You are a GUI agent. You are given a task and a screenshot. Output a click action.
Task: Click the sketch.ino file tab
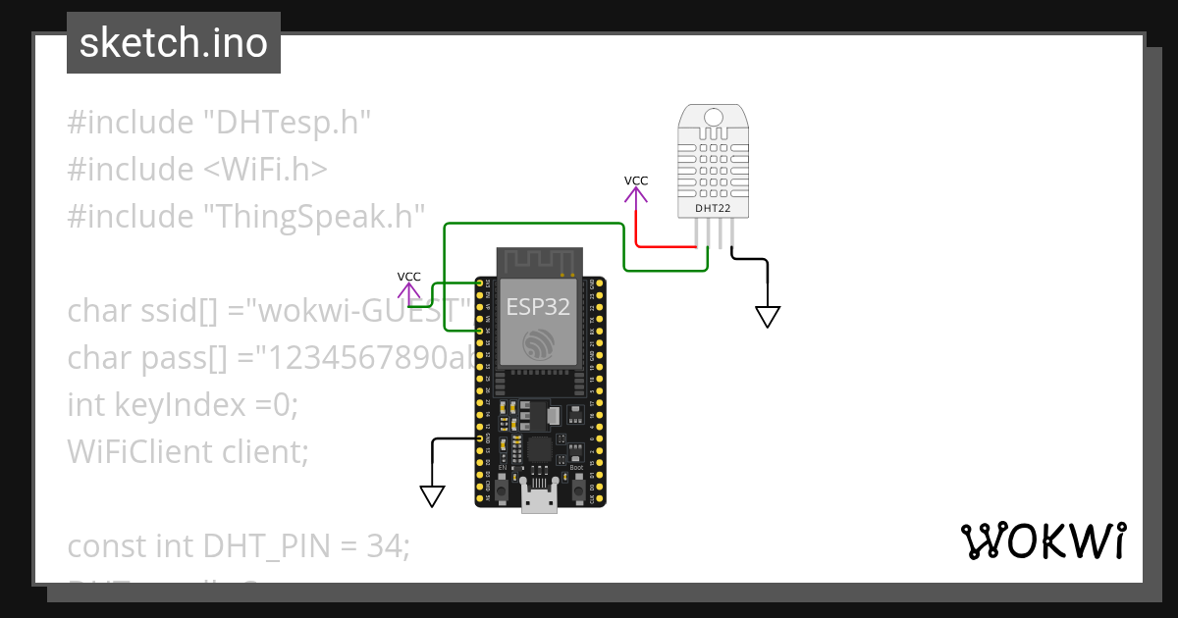click(173, 43)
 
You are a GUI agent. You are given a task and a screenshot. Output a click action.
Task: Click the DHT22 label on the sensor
click(713, 208)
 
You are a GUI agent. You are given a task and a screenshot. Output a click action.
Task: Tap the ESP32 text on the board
click(538, 306)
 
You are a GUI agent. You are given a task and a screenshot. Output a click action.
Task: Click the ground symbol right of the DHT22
click(768, 316)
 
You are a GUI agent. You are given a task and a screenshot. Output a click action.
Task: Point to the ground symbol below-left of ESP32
click(432, 495)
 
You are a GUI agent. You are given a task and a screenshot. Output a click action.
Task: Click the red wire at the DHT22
click(668, 245)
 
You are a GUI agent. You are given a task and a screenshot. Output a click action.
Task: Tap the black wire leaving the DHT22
click(751, 259)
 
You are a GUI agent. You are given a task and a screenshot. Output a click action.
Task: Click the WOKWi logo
click(1043, 541)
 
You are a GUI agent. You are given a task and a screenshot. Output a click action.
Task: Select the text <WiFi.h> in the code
click(265, 170)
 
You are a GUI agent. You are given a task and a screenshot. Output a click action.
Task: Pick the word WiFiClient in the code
click(126, 451)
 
